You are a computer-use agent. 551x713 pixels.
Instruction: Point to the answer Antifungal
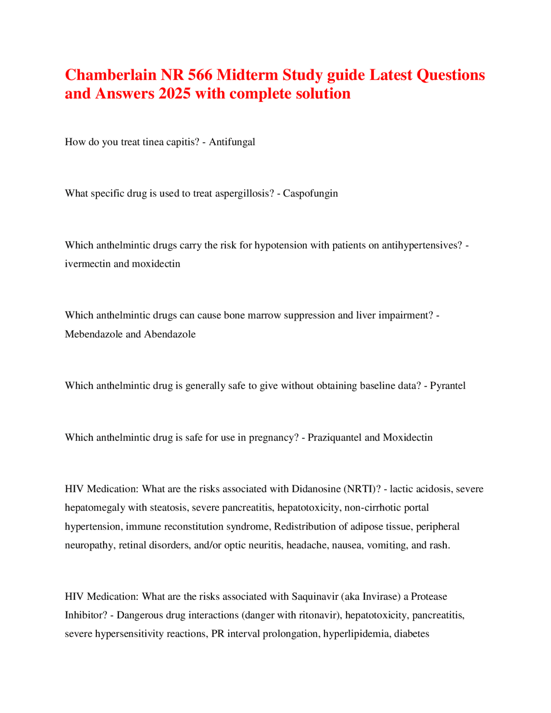232,142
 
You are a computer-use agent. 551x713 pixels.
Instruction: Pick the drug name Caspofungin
310,193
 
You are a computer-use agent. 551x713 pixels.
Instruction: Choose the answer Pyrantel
448,385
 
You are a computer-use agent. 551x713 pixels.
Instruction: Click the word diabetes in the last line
412,634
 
